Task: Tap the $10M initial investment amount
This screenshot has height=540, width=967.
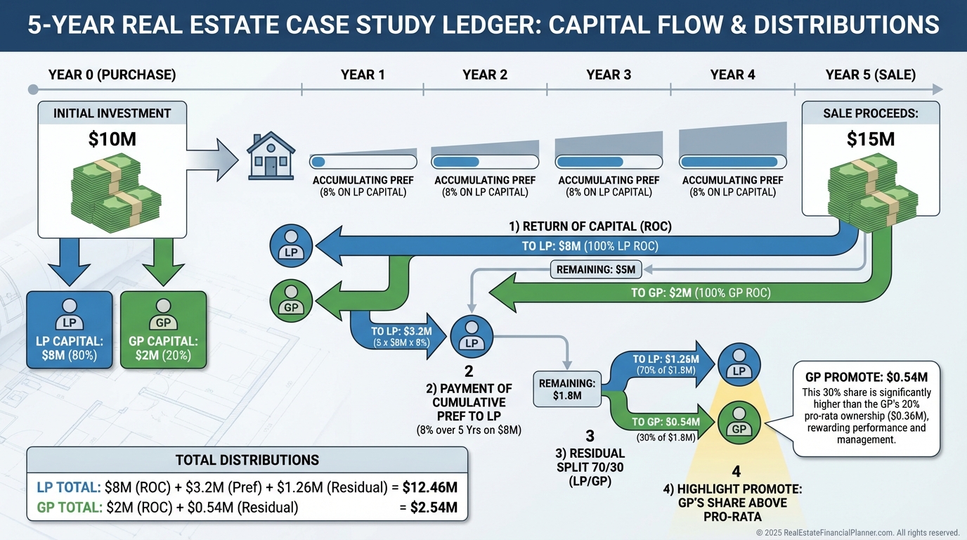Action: (x=112, y=140)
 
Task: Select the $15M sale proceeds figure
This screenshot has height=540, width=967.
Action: (x=871, y=139)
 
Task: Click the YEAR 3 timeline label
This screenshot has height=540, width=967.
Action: (x=609, y=75)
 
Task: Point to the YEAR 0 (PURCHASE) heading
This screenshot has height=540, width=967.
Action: (x=112, y=75)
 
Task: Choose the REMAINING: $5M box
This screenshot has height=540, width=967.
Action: (x=595, y=269)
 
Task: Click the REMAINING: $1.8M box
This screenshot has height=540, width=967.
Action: (x=567, y=388)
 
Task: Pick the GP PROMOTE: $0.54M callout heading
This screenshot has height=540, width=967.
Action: (x=867, y=377)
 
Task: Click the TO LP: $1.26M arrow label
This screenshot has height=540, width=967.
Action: (x=665, y=359)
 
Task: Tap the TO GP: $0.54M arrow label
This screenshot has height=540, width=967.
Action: (x=665, y=422)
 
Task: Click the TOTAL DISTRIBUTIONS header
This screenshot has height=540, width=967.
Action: (x=247, y=460)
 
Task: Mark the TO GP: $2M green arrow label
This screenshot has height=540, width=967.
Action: (x=701, y=293)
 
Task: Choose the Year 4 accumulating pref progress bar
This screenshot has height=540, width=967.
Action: (x=732, y=162)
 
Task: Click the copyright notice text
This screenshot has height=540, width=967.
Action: (x=857, y=533)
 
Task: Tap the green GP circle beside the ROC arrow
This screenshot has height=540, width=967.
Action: (x=291, y=301)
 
